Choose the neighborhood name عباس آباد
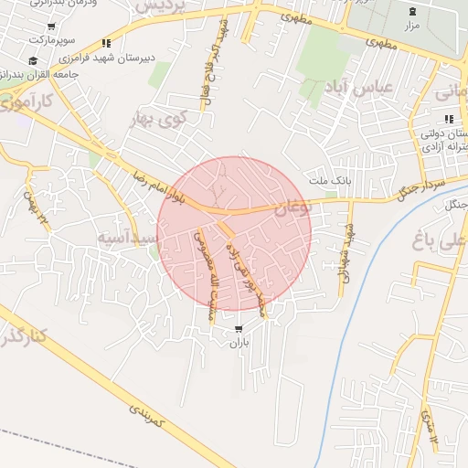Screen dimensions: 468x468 tap(358, 86)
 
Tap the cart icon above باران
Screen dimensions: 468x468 tap(239, 329)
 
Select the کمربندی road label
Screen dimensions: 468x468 tap(144, 419)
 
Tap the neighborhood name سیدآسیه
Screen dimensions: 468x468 tap(129, 237)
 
